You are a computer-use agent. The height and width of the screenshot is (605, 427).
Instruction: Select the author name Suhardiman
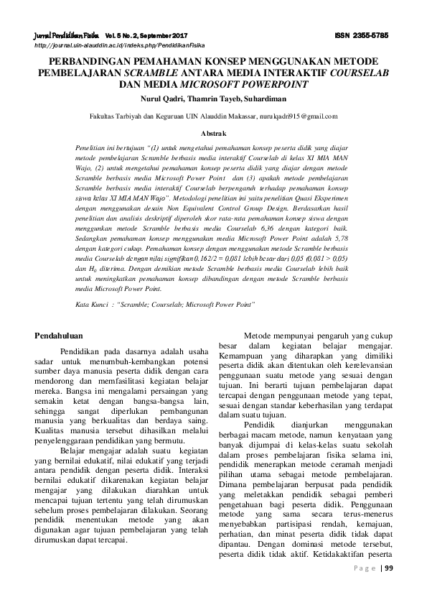click(x=253, y=96)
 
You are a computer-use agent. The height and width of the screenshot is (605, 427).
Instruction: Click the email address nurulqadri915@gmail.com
click(x=295, y=115)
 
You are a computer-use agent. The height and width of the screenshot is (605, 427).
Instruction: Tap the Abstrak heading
click(x=213, y=133)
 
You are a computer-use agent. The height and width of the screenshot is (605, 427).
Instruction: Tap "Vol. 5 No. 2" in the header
click(x=123, y=34)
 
